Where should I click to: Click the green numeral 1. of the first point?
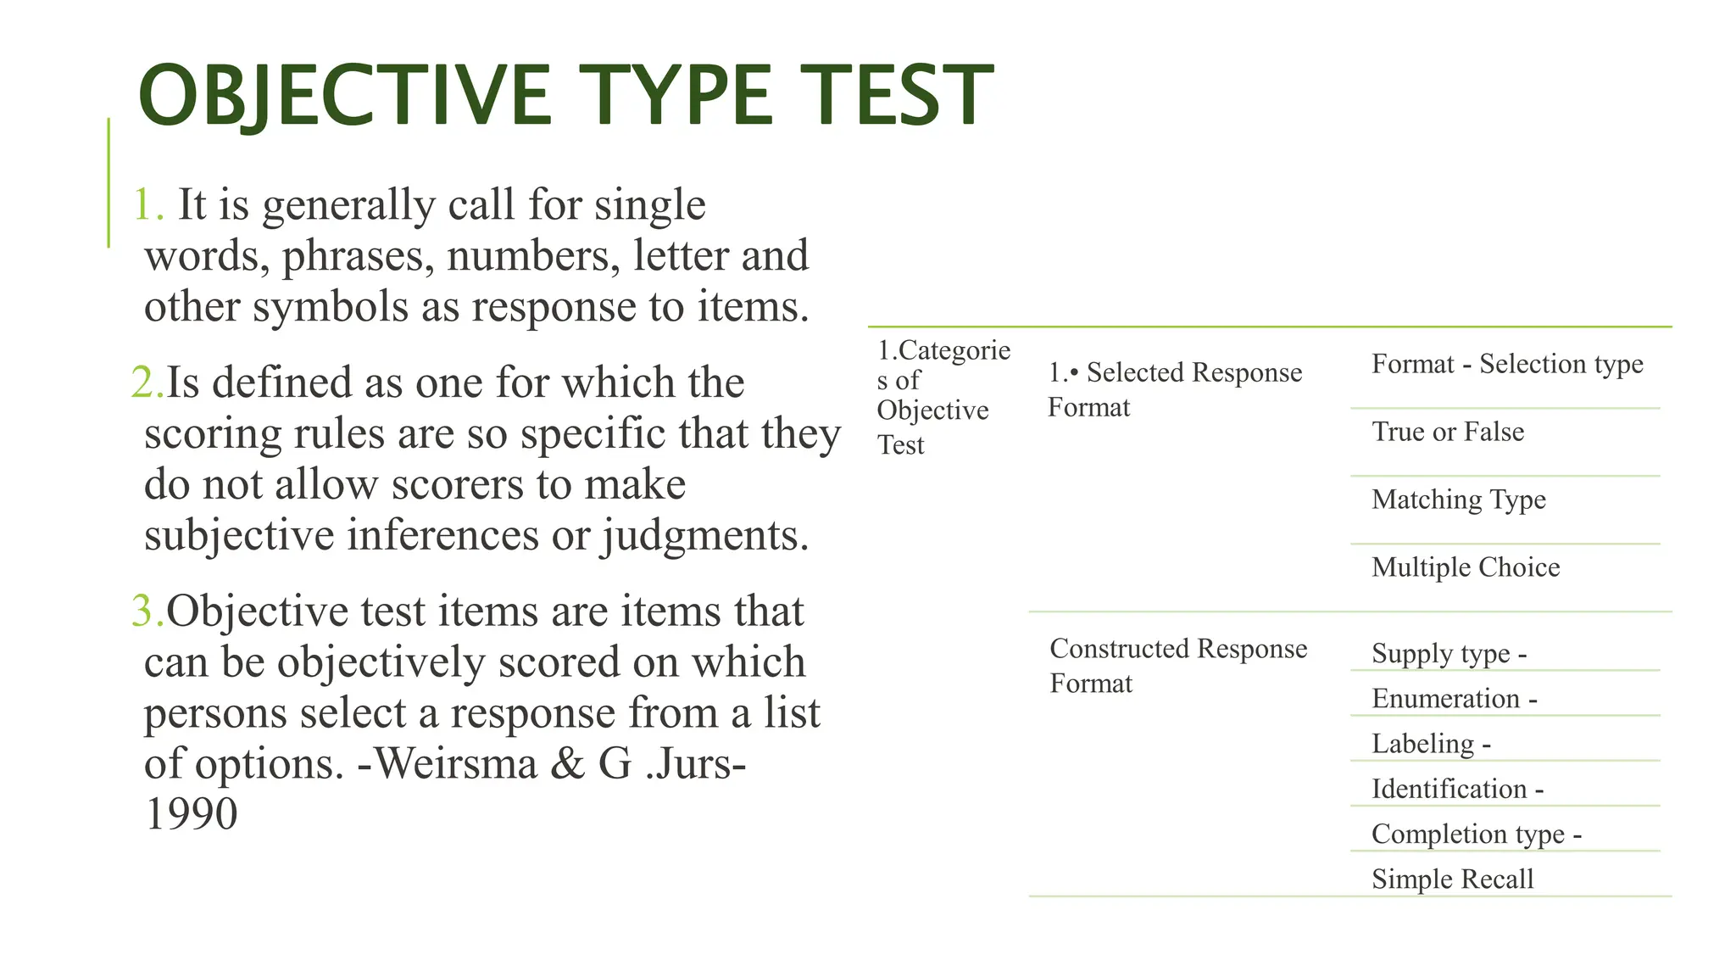click(x=147, y=205)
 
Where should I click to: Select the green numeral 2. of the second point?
click(x=147, y=382)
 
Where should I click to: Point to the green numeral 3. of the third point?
click(x=147, y=611)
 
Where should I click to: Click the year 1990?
click(x=191, y=814)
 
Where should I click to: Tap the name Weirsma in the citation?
click(x=456, y=763)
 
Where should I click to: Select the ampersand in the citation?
click(x=567, y=763)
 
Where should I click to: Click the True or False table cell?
click(x=1448, y=432)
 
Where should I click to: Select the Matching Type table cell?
click(x=1459, y=500)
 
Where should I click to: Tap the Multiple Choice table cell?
click(x=1466, y=567)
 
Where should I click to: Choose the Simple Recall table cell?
click(x=1453, y=879)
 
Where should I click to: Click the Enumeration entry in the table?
click(x=1446, y=699)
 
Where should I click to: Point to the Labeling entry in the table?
click(x=1423, y=744)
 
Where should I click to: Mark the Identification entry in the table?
click(x=1449, y=790)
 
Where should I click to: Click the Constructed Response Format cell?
click(x=1178, y=666)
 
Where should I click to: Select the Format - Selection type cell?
click(x=1507, y=364)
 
